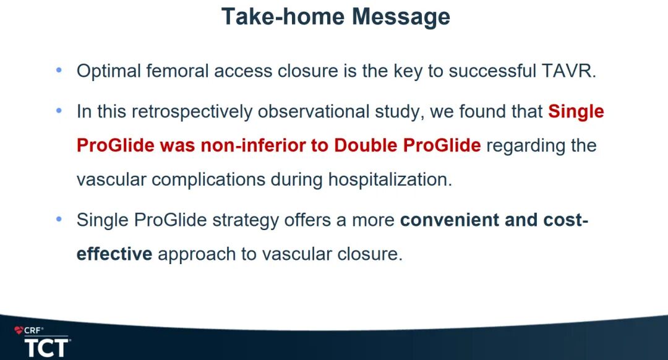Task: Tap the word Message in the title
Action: tap(401, 18)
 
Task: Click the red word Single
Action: tap(576, 112)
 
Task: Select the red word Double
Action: tap(366, 145)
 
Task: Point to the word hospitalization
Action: tap(390, 180)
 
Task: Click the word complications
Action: tap(208, 180)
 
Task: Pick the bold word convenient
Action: tap(450, 220)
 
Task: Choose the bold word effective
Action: tap(114, 254)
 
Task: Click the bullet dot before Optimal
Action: tap(59, 71)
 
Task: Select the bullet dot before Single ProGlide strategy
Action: tap(59, 220)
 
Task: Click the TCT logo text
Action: tap(46, 348)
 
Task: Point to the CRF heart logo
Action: tap(19, 330)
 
